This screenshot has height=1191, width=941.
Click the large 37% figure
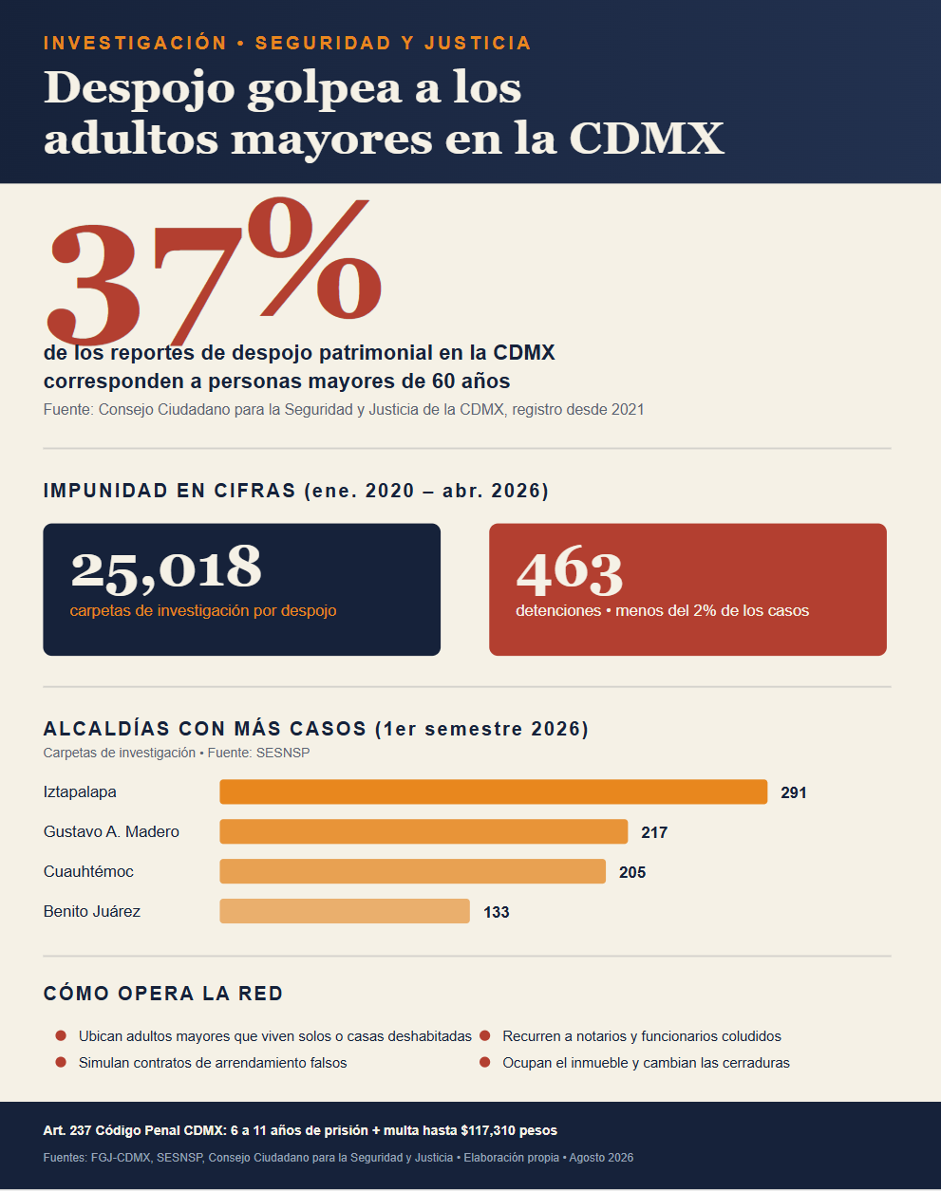click(x=215, y=271)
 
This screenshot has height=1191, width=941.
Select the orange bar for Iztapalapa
click(x=494, y=792)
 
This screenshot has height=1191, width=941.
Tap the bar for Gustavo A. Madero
click(x=423, y=832)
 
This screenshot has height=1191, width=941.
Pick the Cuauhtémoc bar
click(x=413, y=872)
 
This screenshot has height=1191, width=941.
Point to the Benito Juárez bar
click(x=345, y=911)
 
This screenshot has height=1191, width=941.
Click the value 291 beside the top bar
click(x=794, y=793)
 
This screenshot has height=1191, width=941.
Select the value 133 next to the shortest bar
click(x=497, y=913)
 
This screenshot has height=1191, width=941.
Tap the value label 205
click(x=632, y=873)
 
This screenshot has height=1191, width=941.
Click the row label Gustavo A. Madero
click(x=111, y=832)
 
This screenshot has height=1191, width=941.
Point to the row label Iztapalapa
click(x=80, y=792)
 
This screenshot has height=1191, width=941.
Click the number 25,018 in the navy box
click(x=165, y=568)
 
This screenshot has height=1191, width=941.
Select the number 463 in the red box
click(x=570, y=570)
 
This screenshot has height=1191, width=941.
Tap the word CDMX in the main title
click(x=647, y=139)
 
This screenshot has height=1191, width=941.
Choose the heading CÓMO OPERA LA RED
click(x=163, y=994)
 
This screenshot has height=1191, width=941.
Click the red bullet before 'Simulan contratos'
click(x=61, y=1062)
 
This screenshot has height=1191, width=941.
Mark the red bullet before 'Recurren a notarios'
click(x=484, y=1035)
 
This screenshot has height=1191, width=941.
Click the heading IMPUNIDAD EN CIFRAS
click(x=169, y=491)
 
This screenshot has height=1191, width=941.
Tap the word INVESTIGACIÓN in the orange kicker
click(x=135, y=43)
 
